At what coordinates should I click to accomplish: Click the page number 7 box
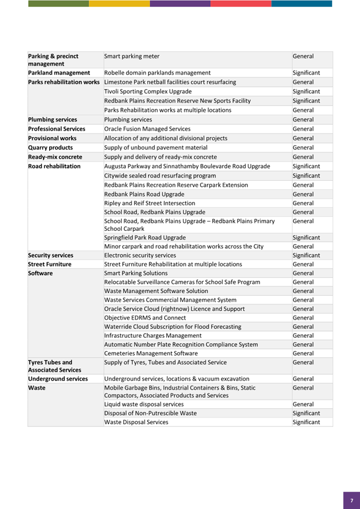click(351, 500)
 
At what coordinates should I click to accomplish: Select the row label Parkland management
click(59, 73)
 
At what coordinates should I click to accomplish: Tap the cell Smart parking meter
click(132, 56)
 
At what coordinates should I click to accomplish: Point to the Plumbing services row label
click(52, 119)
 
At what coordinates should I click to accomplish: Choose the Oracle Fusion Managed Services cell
click(147, 129)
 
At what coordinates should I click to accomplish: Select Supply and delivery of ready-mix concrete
click(160, 157)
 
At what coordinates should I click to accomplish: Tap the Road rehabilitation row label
click(54, 166)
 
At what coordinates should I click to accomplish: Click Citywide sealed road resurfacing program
click(160, 176)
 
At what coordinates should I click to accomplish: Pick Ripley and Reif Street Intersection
click(149, 204)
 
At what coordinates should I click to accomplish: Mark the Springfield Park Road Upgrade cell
click(145, 238)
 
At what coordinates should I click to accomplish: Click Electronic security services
click(140, 256)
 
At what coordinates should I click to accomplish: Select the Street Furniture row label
click(50, 264)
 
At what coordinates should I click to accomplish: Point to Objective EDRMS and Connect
click(142, 318)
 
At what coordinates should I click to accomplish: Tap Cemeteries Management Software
click(151, 353)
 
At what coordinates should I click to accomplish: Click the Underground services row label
click(58, 379)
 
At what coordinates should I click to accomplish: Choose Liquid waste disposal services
click(144, 405)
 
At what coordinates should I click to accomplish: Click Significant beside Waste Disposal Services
click(306, 422)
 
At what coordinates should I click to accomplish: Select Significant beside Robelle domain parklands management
click(306, 73)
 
